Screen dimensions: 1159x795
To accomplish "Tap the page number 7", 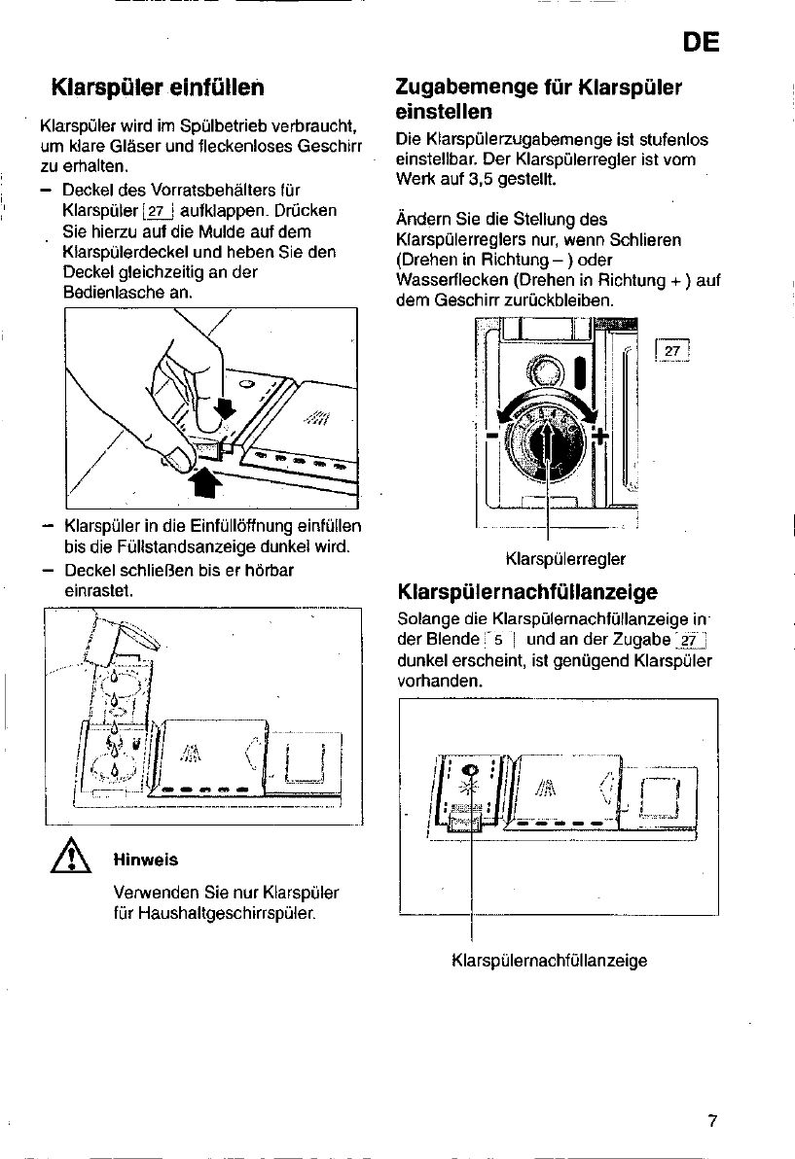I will [712, 1121].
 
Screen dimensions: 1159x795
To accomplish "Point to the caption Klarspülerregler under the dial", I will [565, 558].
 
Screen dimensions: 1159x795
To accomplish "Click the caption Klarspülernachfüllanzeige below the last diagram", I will [550, 961].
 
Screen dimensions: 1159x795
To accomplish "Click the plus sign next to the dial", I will [599, 435].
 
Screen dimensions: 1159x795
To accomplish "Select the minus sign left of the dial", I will [492, 435].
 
